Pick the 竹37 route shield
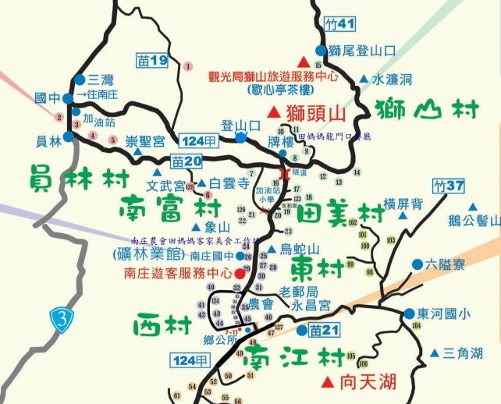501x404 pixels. coord(448,186)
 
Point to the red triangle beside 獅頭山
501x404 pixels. coord(273,113)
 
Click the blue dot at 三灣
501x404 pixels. coord(80,80)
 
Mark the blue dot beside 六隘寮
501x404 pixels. coord(417,264)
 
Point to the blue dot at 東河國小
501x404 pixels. coord(409,314)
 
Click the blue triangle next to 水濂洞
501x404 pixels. coord(364,79)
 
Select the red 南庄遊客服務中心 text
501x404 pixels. coord(178,273)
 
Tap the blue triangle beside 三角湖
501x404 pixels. coord(434,353)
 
